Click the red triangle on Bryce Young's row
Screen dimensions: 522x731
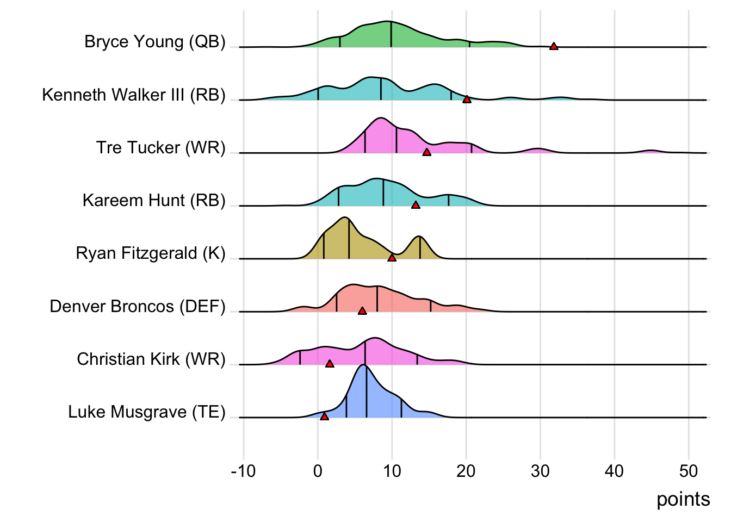(x=554, y=47)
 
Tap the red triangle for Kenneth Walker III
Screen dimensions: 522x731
(x=467, y=100)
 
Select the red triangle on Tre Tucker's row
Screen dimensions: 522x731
(x=427, y=152)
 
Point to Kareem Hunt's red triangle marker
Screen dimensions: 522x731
(x=416, y=205)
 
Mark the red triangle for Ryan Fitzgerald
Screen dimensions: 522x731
(x=392, y=258)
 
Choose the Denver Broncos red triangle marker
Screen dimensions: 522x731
(x=362, y=311)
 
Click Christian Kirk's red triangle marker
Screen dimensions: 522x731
(x=330, y=364)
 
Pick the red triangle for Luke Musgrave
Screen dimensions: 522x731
(x=324, y=417)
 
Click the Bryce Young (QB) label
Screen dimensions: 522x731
(x=155, y=42)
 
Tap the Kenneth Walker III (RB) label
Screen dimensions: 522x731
(x=134, y=95)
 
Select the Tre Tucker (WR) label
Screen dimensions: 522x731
(x=161, y=147)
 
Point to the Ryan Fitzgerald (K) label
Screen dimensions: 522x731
(x=151, y=253)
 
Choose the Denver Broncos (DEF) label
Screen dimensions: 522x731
(x=138, y=306)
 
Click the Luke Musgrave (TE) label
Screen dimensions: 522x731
(x=147, y=412)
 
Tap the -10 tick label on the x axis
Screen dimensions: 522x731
(x=243, y=471)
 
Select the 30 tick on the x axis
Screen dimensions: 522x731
(x=540, y=471)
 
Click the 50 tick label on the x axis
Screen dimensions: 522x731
(x=689, y=471)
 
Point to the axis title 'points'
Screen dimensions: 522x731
(x=683, y=499)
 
